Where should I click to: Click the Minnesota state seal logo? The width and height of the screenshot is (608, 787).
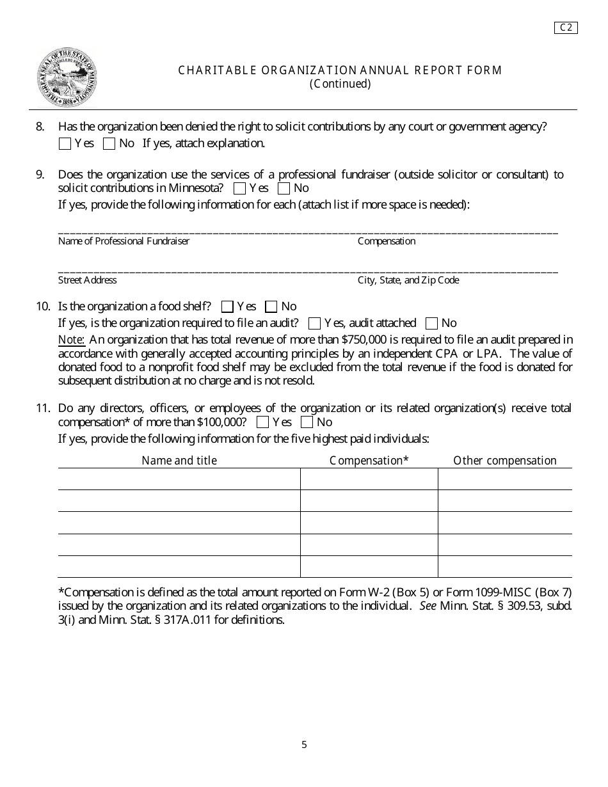click(67, 77)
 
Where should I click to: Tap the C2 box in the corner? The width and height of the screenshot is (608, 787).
click(566, 28)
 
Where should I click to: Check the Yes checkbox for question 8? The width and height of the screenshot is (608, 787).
click(65, 144)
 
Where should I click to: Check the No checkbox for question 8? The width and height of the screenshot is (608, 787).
click(109, 144)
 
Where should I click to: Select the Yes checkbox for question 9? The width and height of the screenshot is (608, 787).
click(239, 189)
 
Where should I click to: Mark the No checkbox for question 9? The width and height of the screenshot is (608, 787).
click(284, 189)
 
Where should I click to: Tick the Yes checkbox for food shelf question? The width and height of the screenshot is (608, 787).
click(227, 307)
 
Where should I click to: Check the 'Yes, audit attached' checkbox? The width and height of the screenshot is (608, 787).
click(314, 324)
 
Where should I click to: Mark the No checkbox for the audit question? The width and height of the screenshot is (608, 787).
click(432, 324)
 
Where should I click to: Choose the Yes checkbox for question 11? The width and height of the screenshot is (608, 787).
click(262, 423)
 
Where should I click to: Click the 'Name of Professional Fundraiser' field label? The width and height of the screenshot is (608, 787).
click(124, 242)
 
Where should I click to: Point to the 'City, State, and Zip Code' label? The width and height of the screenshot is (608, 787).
click(408, 281)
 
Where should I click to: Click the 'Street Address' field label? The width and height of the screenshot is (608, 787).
click(88, 281)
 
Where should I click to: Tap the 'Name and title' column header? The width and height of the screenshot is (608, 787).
click(179, 461)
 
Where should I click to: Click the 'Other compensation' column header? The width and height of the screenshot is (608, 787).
click(505, 461)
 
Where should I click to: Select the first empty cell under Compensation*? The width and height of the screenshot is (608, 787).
click(369, 479)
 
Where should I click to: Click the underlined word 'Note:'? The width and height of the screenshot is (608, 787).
click(71, 340)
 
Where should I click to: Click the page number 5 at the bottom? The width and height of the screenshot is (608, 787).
click(305, 745)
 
